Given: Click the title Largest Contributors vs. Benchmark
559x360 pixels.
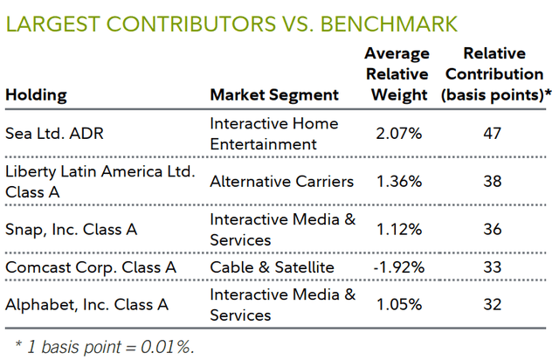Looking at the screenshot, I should click(x=231, y=20).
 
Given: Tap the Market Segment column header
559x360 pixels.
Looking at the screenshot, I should click(x=273, y=94).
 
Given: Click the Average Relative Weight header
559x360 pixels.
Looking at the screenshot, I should click(x=398, y=75).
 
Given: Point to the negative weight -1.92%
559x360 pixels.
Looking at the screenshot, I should click(x=396, y=266).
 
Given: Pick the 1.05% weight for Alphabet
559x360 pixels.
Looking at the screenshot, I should click(x=398, y=305).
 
